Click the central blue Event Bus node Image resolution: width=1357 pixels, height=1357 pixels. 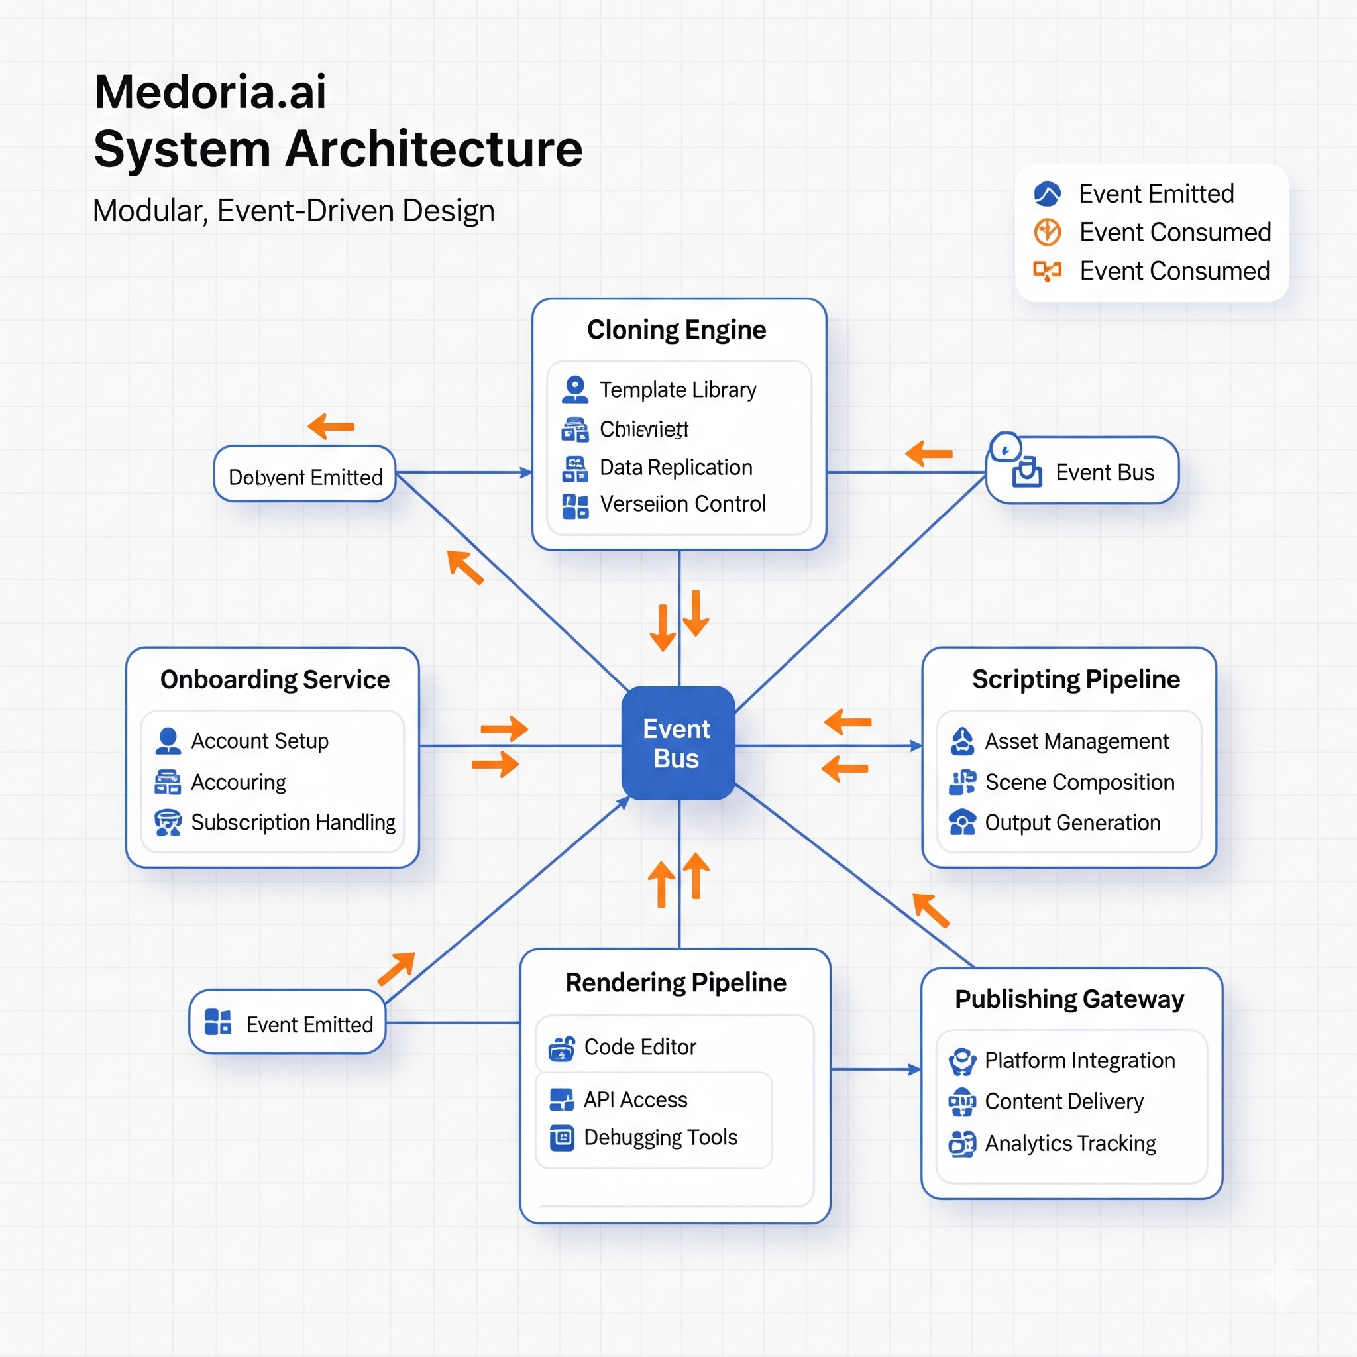(x=678, y=743)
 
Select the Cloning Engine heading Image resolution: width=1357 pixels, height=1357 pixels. (x=677, y=329)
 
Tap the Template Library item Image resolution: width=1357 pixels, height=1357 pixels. (x=677, y=389)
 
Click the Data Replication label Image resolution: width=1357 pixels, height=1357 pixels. (x=676, y=467)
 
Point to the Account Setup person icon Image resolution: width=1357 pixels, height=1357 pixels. (x=168, y=741)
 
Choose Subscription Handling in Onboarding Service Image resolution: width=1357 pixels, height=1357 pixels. (x=292, y=822)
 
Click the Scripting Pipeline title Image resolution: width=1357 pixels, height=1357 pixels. (x=1075, y=679)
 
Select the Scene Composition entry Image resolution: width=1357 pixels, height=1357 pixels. (x=1079, y=782)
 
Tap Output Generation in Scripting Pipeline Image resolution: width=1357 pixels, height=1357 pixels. (x=1072, y=822)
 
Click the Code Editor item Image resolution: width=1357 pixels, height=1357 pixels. (x=639, y=1046)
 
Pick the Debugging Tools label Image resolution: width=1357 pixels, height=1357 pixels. (x=660, y=1137)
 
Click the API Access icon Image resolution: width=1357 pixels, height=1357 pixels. (x=561, y=1099)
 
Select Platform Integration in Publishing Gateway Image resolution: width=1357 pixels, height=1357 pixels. (x=1079, y=1060)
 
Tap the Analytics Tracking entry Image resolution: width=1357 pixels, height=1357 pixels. (x=1069, y=1143)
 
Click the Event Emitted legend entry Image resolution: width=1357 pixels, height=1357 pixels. (x=1156, y=194)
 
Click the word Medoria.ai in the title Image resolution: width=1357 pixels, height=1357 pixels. (x=210, y=91)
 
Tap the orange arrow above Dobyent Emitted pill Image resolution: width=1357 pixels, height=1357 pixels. (x=331, y=426)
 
